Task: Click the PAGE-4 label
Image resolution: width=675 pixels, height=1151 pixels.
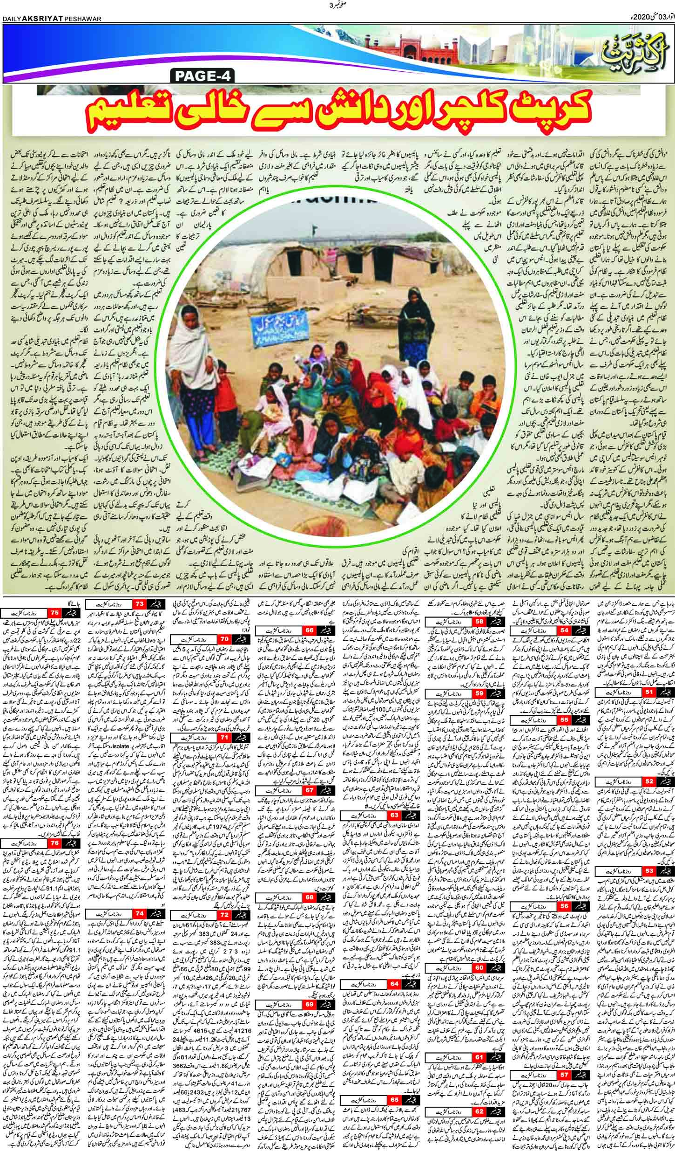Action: point(204,75)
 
